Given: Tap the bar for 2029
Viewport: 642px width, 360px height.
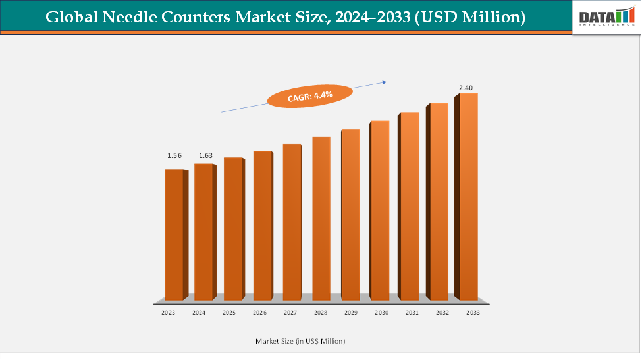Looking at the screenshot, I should [x=350, y=214].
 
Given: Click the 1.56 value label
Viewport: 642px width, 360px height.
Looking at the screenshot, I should [x=174, y=156].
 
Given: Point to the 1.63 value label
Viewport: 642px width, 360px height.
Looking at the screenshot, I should [x=206, y=156].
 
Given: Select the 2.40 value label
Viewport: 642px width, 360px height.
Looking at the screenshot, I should [x=467, y=88].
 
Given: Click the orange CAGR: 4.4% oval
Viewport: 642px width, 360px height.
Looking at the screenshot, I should [x=310, y=96].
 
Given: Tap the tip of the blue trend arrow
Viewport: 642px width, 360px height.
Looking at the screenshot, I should [x=386, y=82].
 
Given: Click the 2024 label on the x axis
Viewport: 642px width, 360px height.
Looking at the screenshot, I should [x=199, y=313].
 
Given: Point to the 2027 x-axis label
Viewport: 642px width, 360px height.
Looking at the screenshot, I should [x=290, y=313].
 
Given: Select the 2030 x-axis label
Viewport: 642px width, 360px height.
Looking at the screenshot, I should [x=381, y=313].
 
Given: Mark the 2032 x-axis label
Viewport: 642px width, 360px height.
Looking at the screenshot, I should [x=441, y=313].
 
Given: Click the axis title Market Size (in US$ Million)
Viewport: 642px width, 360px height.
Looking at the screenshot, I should [x=300, y=341].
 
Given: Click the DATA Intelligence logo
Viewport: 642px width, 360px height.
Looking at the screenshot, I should [x=606, y=17].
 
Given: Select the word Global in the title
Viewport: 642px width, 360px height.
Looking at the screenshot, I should [x=70, y=18].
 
